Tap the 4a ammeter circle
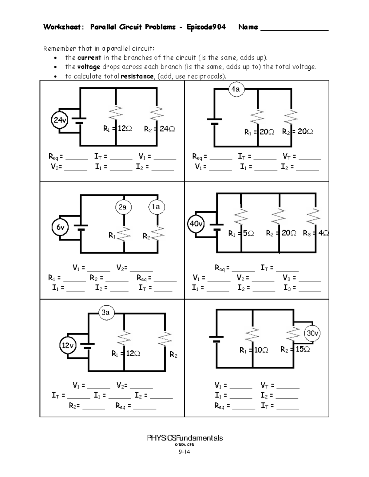pos(236,89)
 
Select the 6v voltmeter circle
pos(60,227)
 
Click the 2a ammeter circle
pos(123,207)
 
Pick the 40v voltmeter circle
pos(196,224)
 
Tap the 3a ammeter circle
pos(106,312)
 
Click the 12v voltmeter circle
pos(67,346)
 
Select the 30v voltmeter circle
pos(312,333)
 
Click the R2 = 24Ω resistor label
pos(159,129)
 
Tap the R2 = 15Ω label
pos(295,349)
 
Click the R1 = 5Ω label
pos(241,234)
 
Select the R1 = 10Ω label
pos(254,350)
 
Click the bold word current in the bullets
pos(89,58)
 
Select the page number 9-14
pos(184,452)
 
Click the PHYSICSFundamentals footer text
pos(185,438)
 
